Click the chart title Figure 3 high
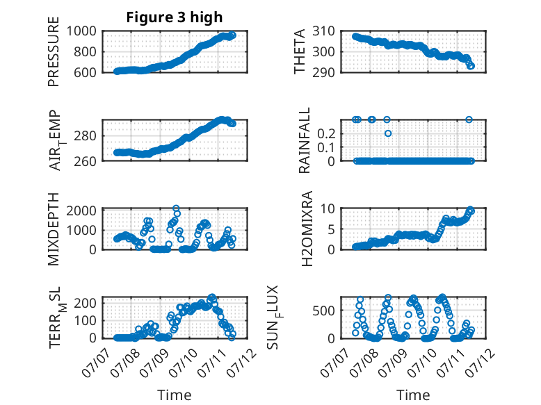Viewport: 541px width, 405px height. pyautogui.click(x=175, y=17)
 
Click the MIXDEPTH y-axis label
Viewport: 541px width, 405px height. pyautogui.click(x=54, y=229)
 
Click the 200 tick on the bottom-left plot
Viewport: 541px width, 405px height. pyautogui.click(x=88, y=304)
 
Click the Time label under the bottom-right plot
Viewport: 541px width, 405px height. pyautogui.click(x=413, y=395)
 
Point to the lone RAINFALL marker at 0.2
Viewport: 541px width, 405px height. pyautogui.click(x=388, y=133)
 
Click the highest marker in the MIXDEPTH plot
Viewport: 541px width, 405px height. pyautogui.click(x=176, y=208)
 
